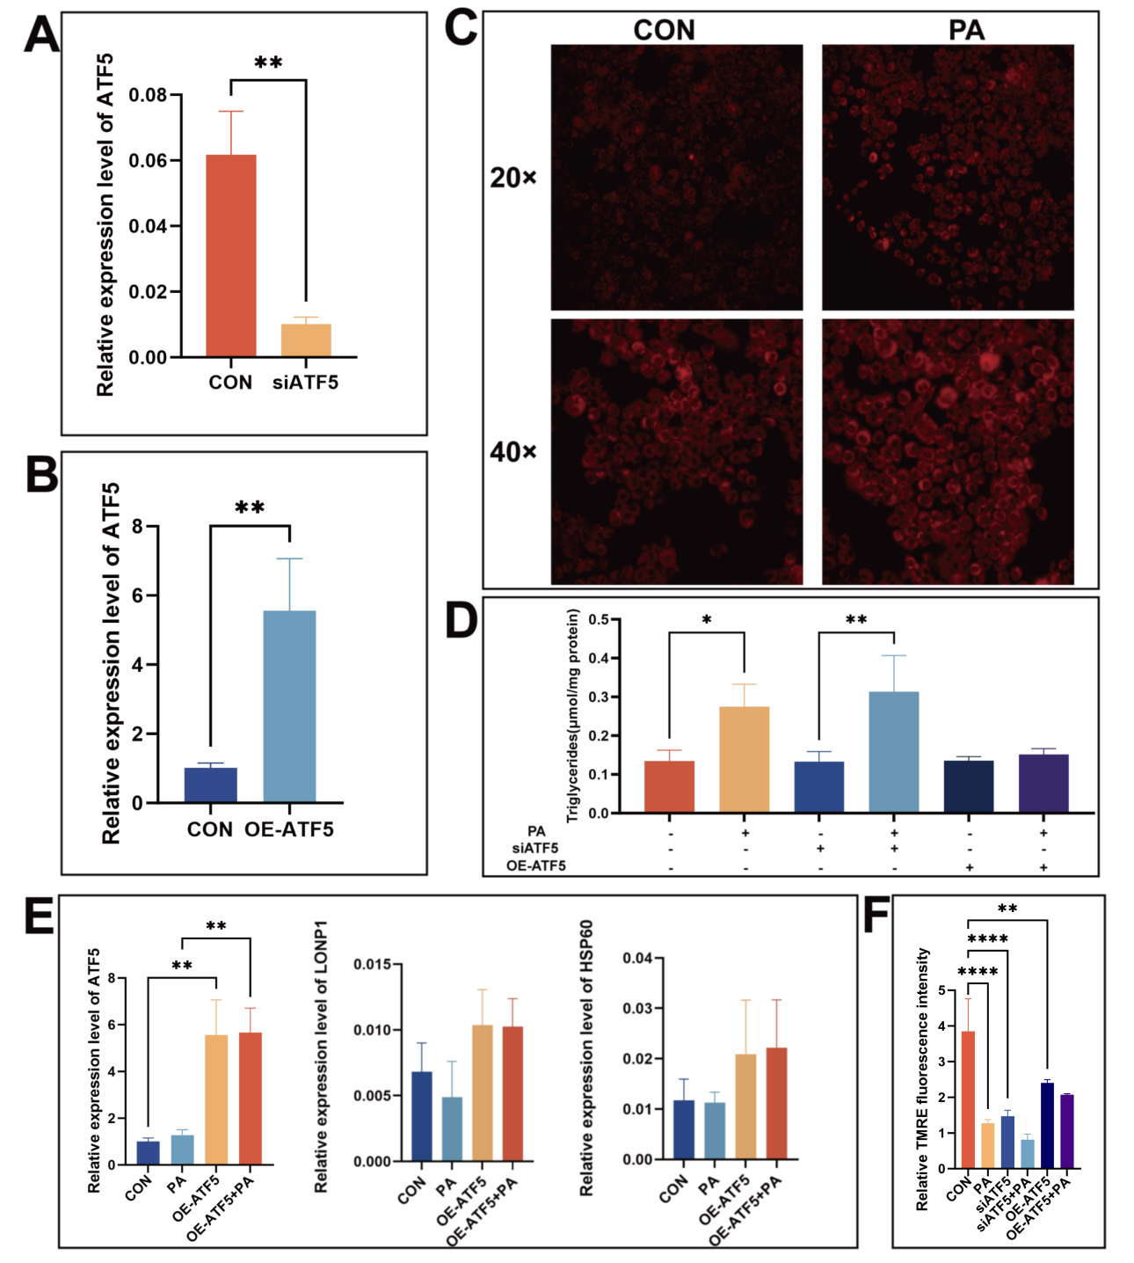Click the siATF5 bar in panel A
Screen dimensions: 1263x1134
(306, 340)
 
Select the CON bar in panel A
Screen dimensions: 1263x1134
(231, 255)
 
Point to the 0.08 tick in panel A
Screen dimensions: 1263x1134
(148, 95)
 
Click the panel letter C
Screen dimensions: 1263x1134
(462, 28)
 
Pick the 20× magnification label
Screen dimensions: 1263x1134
(512, 178)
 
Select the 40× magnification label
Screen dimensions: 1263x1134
(512, 452)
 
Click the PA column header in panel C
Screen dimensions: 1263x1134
(965, 31)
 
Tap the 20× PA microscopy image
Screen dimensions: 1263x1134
(948, 178)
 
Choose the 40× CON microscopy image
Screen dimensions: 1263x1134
(677, 452)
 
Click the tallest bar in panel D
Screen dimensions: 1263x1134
(894, 752)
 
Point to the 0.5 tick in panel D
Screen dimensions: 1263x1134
(599, 620)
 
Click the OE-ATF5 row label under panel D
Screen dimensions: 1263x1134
(535, 865)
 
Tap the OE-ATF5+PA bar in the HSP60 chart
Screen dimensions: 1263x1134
(776, 1104)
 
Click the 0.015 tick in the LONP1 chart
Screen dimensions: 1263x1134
(372, 965)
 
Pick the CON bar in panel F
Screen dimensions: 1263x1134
(967, 1099)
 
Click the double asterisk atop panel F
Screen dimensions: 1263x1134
(1007, 909)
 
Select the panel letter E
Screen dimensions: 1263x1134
(39, 916)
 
